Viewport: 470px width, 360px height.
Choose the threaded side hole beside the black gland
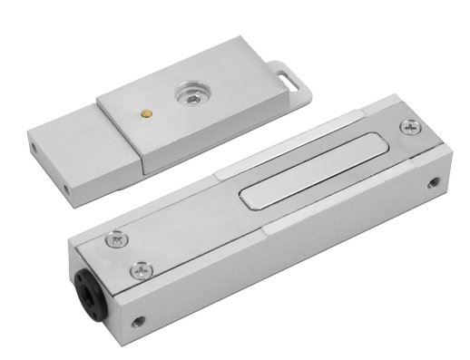point(137,321)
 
